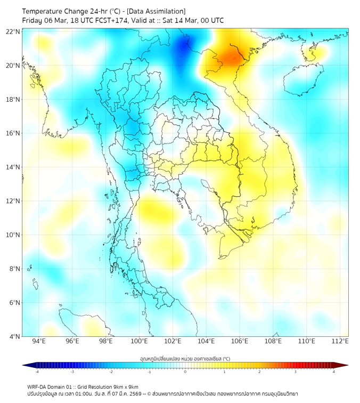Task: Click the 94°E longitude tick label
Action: tap(39, 341)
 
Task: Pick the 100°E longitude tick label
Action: tap(139, 341)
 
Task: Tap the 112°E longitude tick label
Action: tap(340, 341)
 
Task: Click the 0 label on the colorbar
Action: tap(185, 372)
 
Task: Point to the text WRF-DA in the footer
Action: tap(37, 386)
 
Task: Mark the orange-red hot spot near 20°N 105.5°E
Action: tap(231, 57)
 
